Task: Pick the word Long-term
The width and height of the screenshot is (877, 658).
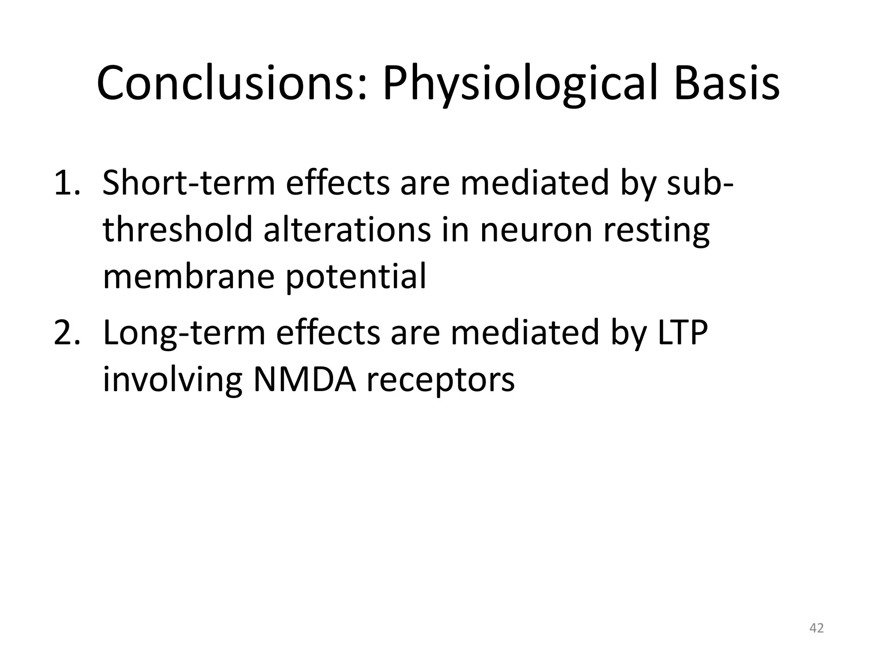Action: coord(184,334)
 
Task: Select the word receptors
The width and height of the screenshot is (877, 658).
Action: coord(441,381)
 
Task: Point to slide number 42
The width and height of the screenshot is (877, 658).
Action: coord(816,628)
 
